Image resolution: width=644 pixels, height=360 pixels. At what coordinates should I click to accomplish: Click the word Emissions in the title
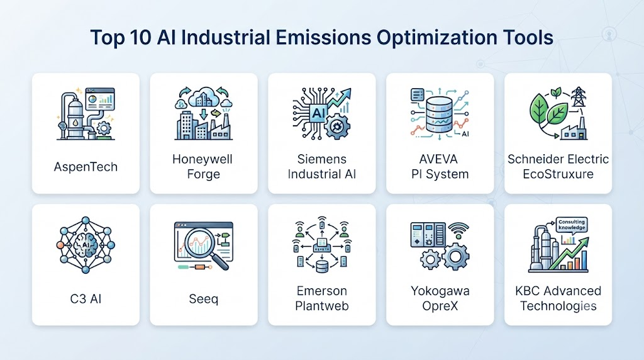323,37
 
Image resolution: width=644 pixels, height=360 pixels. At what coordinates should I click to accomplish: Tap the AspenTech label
86,167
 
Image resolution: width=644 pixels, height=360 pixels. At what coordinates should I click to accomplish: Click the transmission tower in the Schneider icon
578,97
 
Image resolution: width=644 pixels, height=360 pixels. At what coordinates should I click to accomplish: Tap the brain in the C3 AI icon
86,245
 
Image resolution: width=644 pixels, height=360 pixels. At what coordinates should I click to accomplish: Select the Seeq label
203,299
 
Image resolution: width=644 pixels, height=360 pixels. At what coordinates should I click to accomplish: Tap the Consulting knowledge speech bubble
571,225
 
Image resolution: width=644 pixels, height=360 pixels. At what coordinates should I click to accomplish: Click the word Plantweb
321,306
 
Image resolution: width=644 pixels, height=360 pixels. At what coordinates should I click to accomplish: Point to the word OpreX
440,306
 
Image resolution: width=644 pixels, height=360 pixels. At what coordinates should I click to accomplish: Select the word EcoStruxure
558,174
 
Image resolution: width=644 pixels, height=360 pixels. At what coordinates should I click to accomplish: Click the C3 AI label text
86,299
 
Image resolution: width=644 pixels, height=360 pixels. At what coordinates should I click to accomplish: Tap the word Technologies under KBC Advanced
558,306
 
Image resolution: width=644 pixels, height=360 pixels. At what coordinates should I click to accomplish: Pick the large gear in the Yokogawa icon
455,257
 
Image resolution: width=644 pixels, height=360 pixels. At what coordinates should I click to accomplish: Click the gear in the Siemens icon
337,126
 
